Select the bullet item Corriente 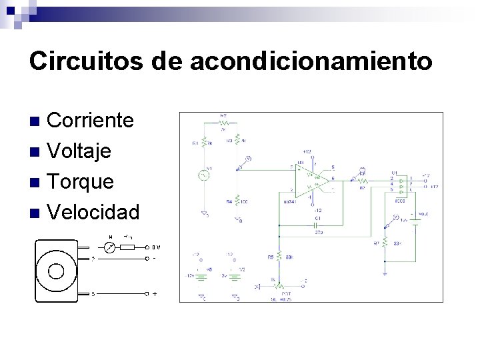click(x=91, y=121)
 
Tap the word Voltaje click(x=79, y=151)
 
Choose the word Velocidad click(x=94, y=213)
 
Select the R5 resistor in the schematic click(x=278, y=256)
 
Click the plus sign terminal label click(x=155, y=293)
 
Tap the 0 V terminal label click(x=156, y=247)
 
